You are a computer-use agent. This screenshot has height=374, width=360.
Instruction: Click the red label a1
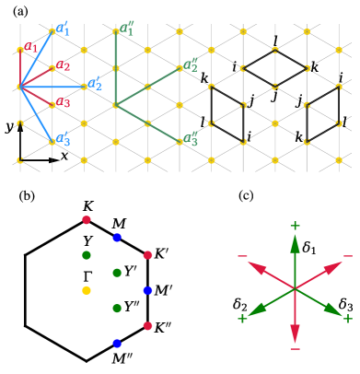click(x=30, y=47)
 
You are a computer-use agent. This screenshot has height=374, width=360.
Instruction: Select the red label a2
click(x=63, y=66)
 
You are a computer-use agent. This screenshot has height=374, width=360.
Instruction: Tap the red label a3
click(x=63, y=103)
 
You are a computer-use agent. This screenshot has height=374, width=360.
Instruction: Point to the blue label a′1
click(x=63, y=29)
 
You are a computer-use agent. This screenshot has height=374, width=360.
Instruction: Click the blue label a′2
click(x=95, y=85)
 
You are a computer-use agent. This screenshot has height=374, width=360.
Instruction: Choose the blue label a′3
click(x=63, y=140)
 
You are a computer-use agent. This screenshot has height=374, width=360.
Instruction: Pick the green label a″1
click(x=127, y=29)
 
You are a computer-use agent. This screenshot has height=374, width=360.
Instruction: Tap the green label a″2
click(x=191, y=65)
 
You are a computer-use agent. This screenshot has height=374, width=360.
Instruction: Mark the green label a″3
click(x=191, y=140)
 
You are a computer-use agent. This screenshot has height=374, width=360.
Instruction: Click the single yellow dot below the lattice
click(x=87, y=290)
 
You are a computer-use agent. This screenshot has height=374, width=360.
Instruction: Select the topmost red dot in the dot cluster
click(x=87, y=220)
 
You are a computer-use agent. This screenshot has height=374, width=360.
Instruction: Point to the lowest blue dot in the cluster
click(x=117, y=343)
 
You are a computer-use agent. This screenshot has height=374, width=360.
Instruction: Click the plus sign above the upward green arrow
click(x=295, y=226)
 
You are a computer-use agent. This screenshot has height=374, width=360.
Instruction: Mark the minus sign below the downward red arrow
click(x=295, y=350)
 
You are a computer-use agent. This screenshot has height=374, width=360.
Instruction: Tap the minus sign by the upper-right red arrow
click(x=347, y=256)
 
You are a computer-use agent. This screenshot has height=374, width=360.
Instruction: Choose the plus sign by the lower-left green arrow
click(x=242, y=319)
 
